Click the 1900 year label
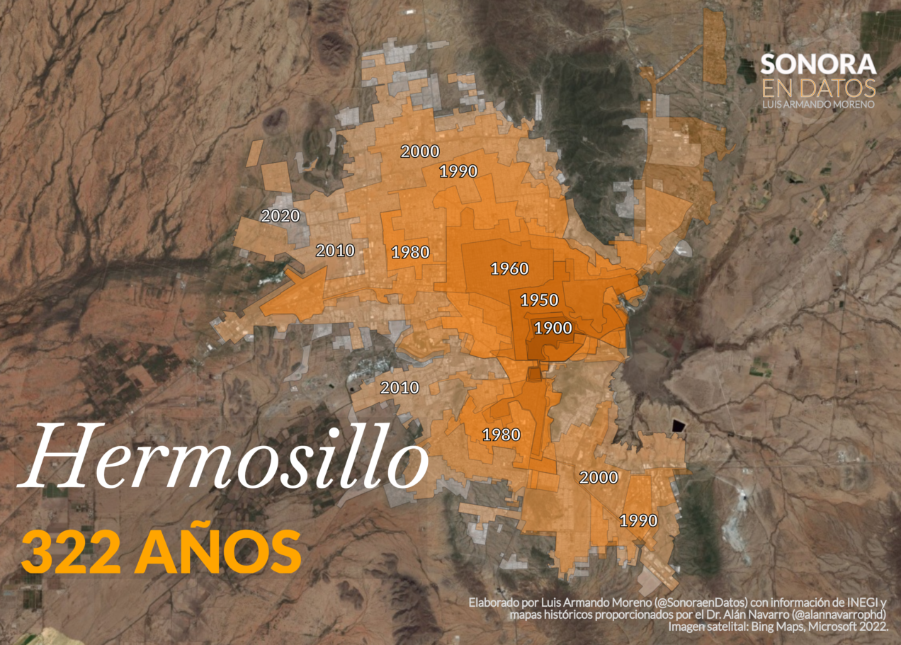(553, 328)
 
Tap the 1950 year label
(539, 299)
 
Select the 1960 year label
(509, 268)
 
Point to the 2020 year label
(280, 216)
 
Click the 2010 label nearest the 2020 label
(335, 250)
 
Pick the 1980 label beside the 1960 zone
(410, 252)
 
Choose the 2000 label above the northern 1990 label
(420, 151)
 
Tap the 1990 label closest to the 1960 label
(458, 171)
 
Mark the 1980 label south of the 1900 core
(501, 435)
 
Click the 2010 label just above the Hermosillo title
(399, 388)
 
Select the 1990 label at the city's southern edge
(638, 520)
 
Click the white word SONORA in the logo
(818, 64)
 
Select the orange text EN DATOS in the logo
(818, 88)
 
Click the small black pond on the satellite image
(679, 426)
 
